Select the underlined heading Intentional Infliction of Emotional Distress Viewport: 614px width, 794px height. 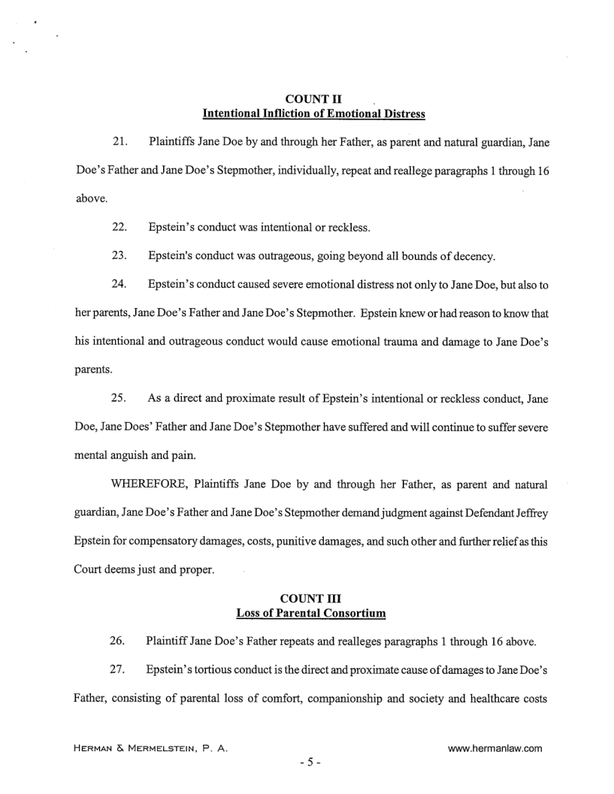click(314, 114)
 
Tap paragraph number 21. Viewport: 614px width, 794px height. click(120, 142)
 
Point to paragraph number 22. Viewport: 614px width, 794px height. click(119, 228)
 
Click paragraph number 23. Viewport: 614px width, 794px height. click(119, 257)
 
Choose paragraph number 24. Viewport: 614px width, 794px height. click(119, 285)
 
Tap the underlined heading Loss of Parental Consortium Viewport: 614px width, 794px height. click(311, 613)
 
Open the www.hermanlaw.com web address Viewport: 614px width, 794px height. click(495, 748)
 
